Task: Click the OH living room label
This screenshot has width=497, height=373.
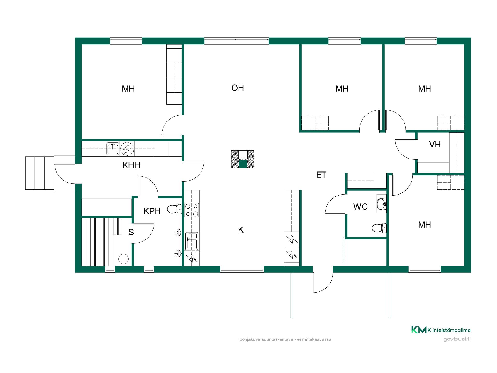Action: tap(238, 88)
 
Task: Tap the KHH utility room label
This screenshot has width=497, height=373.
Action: tap(131, 165)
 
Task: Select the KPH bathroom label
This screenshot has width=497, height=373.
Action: tap(152, 211)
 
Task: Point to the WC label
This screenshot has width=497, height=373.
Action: tap(360, 207)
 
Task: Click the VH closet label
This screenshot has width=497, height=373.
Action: tap(435, 144)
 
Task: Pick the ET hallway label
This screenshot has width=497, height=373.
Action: tap(321, 175)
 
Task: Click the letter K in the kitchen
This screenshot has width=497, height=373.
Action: tap(241, 230)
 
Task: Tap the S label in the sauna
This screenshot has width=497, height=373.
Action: tap(131, 232)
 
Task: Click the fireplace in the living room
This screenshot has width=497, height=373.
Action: tap(243, 159)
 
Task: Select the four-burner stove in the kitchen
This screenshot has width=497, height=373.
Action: tap(192, 210)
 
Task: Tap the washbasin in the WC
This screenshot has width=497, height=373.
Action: tap(382, 204)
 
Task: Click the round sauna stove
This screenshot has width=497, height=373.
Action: tap(123, 259)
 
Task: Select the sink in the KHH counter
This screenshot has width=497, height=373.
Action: tap(113, 149)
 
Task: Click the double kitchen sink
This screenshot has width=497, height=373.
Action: tap(192, 241)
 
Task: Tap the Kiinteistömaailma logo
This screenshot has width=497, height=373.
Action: tap(441, 330)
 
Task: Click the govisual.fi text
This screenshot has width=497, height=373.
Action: tap(457, 339)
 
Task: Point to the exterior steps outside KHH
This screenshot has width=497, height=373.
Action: tap(40, 173)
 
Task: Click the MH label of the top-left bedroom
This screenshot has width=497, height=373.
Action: tap(128, 89)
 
